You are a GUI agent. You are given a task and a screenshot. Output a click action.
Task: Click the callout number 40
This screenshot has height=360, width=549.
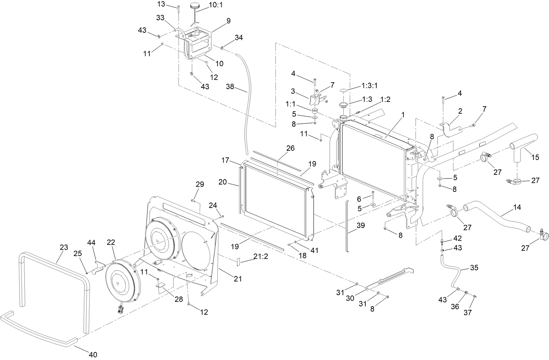(x=93, y=354)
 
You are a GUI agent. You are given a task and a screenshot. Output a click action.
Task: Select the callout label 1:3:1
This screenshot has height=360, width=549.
(x=369, y=86)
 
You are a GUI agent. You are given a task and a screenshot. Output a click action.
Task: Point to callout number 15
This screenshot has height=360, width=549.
(x=535, y=157)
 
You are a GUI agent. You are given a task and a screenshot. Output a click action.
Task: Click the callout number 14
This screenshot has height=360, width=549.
(x=517, y=207)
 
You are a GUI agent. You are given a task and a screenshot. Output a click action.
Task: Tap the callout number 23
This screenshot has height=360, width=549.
(x=64, y=247)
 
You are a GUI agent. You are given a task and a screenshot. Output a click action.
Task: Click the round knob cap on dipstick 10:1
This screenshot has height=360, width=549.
(x=195, y=5)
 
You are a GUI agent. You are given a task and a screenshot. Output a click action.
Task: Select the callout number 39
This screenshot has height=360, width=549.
(x=360, y=226)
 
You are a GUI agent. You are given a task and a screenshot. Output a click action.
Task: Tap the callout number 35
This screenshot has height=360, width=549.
(x=474, y=268)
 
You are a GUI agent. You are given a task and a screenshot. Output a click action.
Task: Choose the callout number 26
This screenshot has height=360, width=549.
(x=290, y=148)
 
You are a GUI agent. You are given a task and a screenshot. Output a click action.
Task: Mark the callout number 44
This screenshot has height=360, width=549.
(x=92, y=242)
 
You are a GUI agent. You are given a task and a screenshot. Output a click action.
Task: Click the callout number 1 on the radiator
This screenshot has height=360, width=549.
(x=403, y=114)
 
